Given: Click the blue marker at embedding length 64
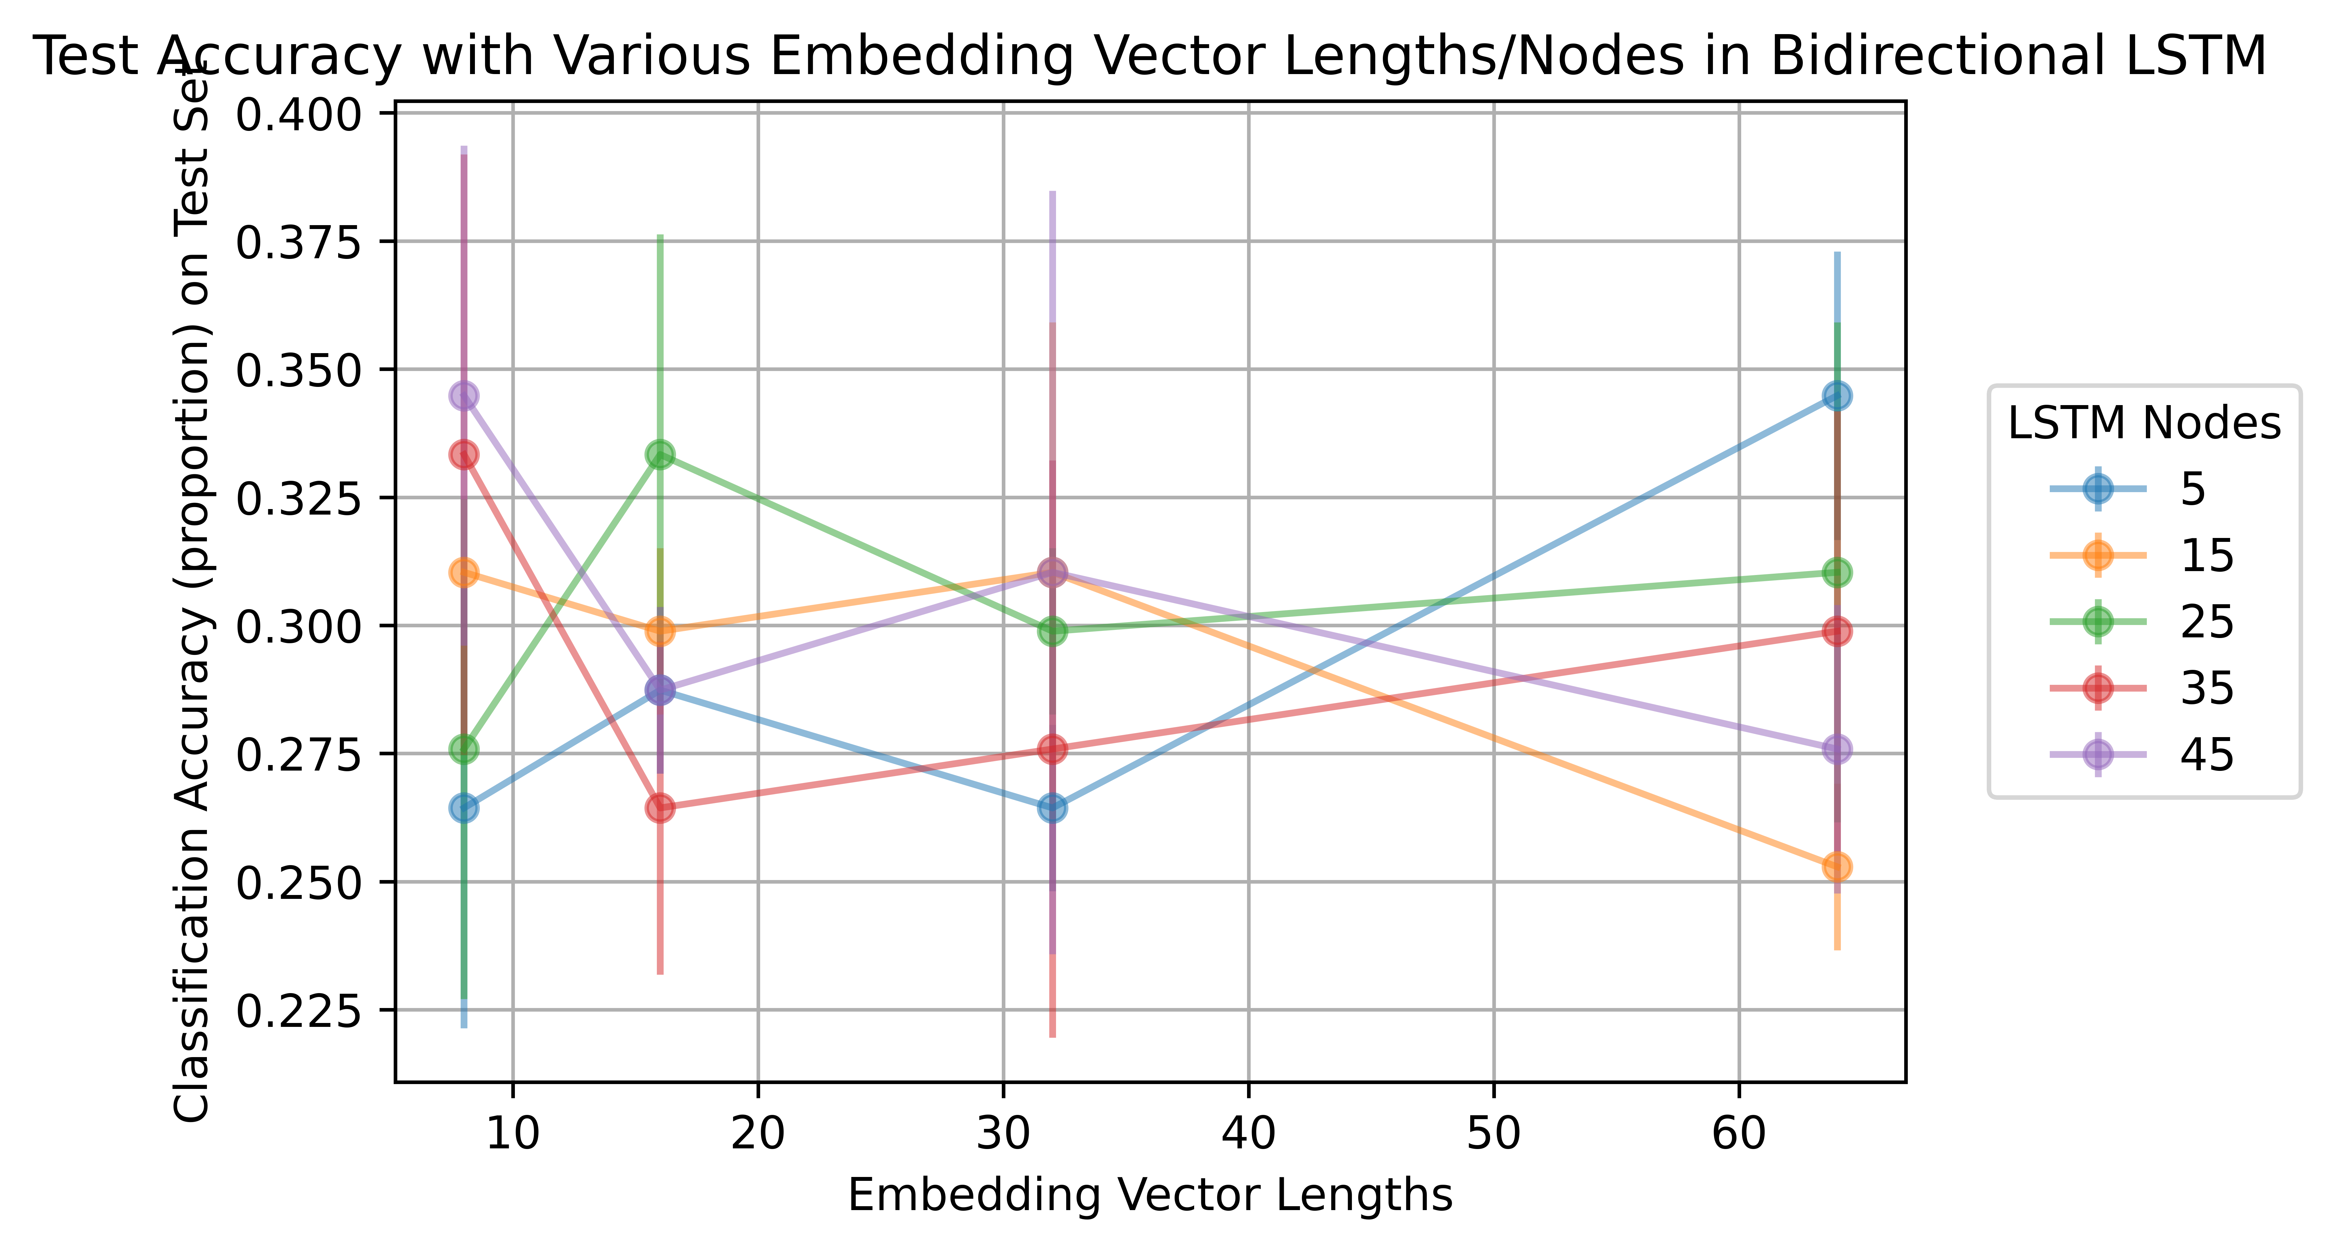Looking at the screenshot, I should [1837, 396].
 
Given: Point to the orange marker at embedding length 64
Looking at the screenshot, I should [1837, 866].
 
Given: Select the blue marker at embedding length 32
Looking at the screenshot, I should [1052, 807].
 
